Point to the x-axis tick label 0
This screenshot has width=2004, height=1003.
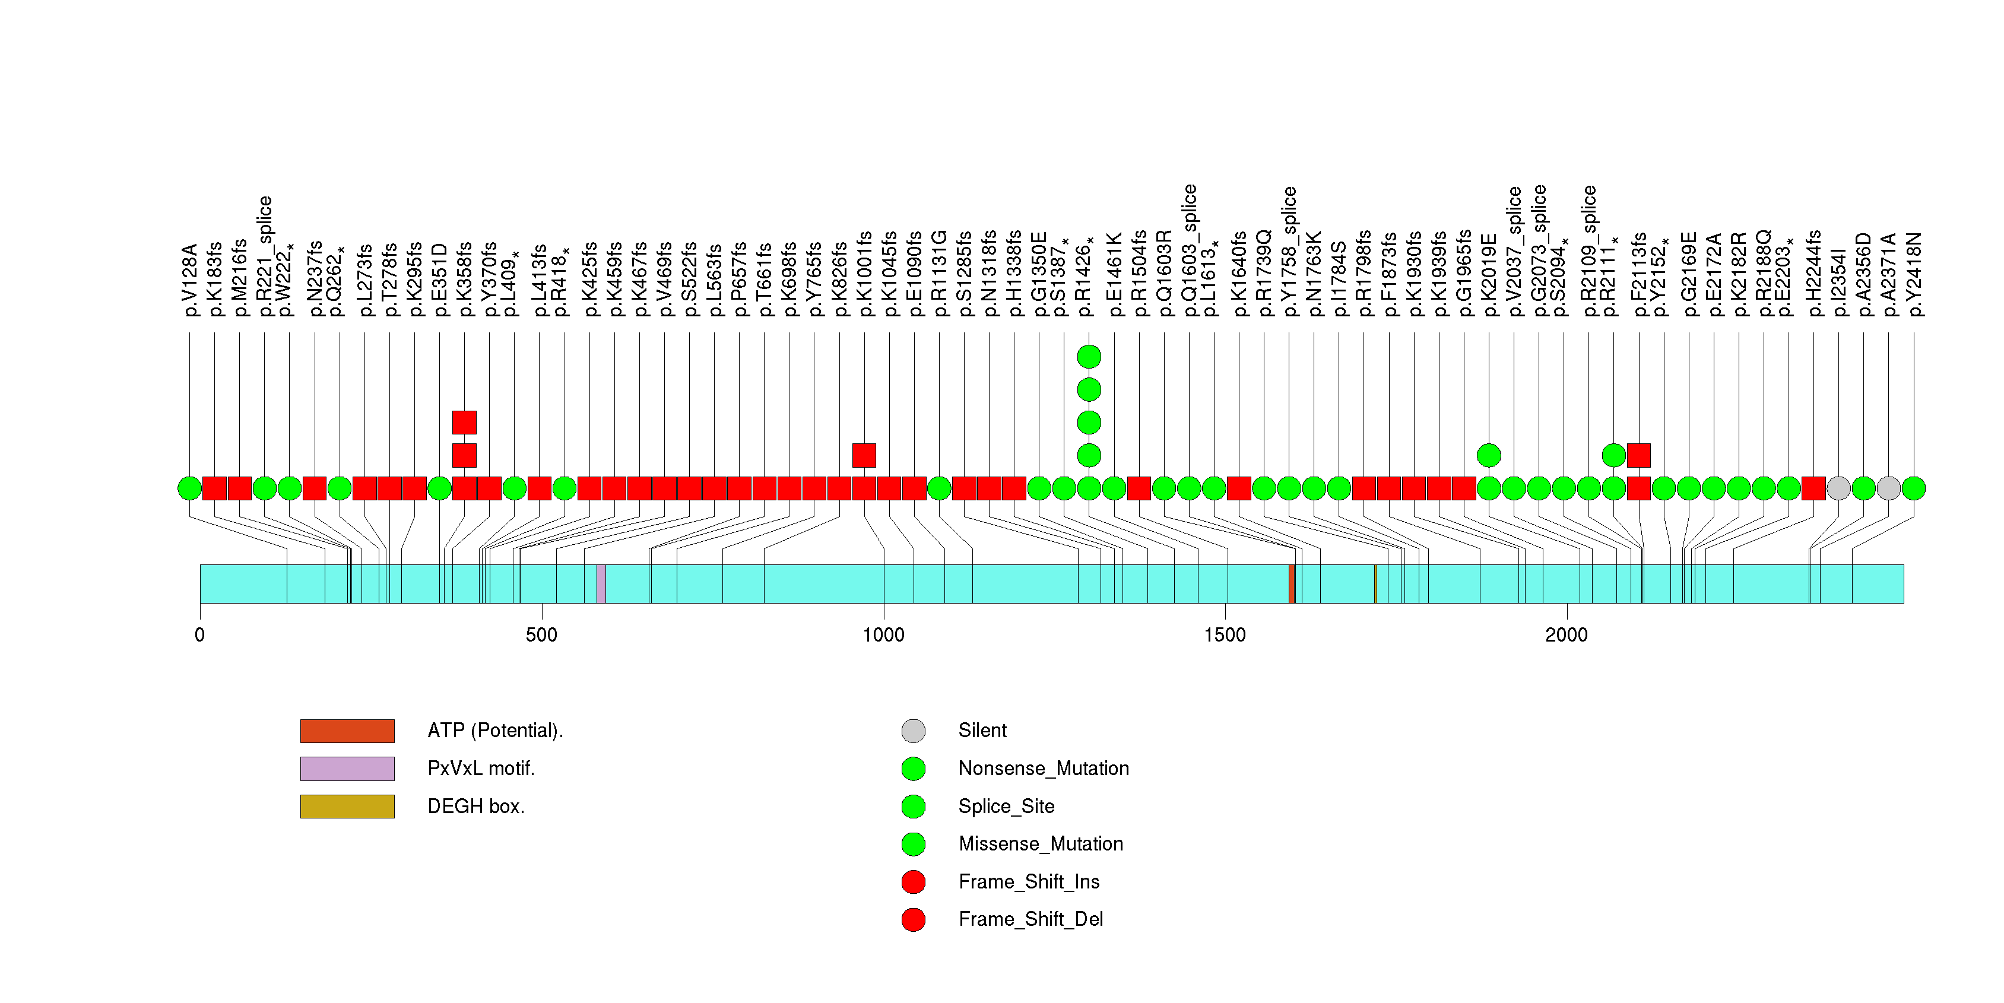coord(200,635)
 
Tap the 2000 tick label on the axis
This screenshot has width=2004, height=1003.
coord(1566,635)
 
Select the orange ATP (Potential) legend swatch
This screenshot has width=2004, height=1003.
coord(347,731)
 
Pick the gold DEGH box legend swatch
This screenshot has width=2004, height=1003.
coord(347,807)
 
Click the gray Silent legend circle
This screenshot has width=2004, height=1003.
coord(914,731)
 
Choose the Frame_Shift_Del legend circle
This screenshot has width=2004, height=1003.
coord(914,920)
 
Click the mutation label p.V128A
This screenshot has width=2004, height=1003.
coord(191,280)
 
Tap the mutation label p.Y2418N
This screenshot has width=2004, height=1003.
coord(1914,274)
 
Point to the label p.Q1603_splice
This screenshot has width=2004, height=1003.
coord(1189,250)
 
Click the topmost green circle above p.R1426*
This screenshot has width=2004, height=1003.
coord(1089,357)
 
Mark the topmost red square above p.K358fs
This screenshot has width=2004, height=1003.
coord(464,422)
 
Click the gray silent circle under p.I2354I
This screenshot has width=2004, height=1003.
coord(1838,488)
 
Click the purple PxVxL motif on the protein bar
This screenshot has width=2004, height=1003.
coord(601,584)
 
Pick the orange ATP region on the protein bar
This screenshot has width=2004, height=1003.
coord(1292,584)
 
